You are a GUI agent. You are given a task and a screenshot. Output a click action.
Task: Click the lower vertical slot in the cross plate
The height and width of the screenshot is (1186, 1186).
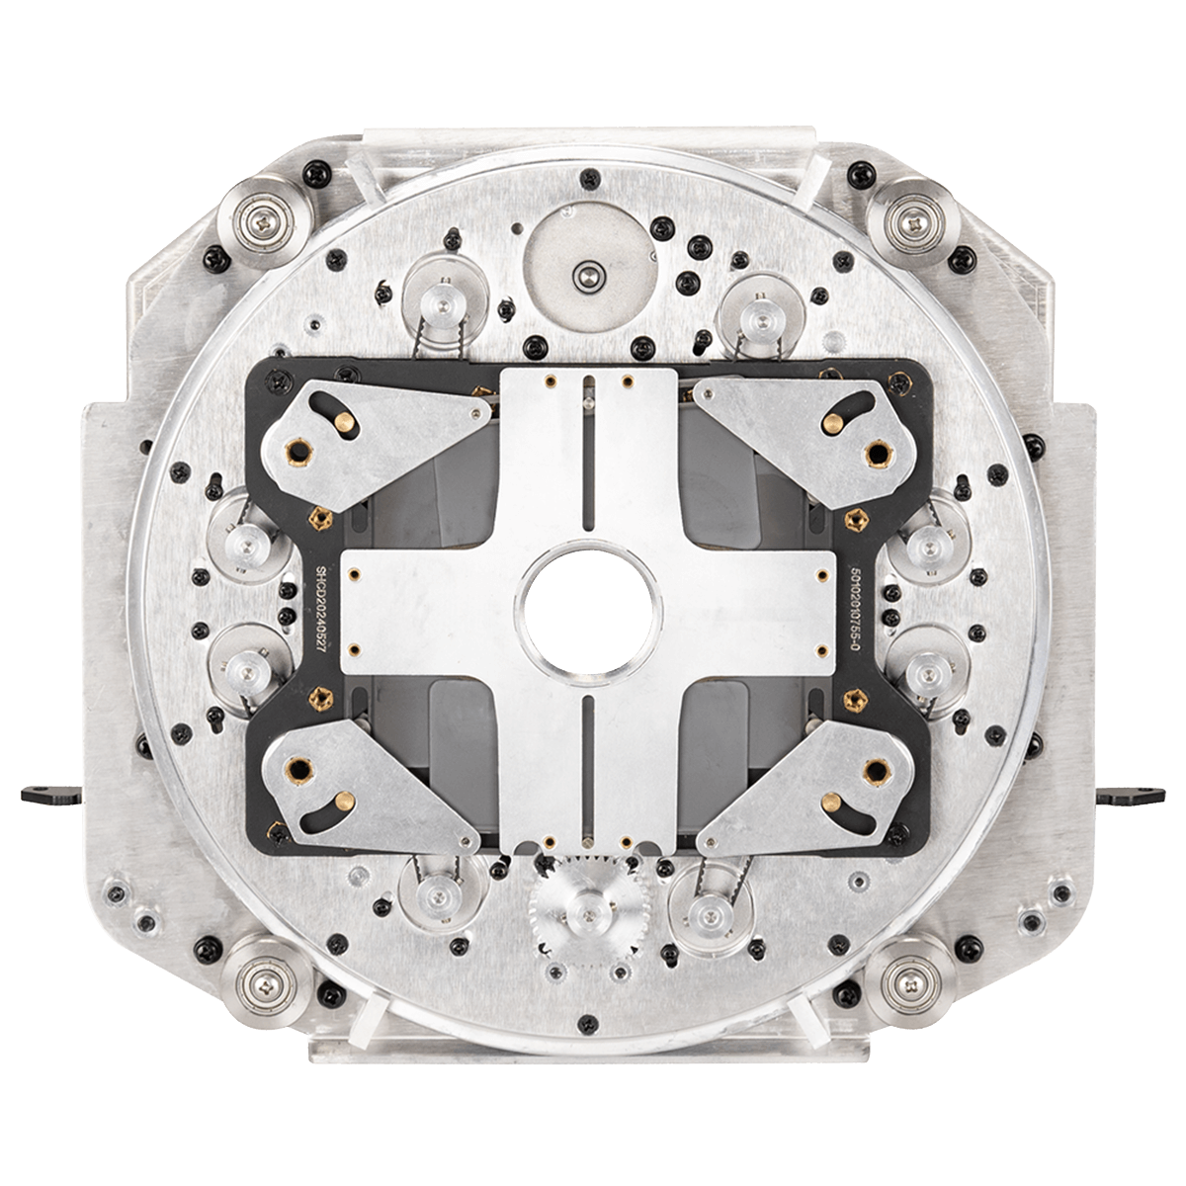tap(589, 766)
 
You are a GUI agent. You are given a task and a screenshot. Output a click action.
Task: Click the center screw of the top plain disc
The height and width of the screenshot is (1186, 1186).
tap(590, 276)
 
